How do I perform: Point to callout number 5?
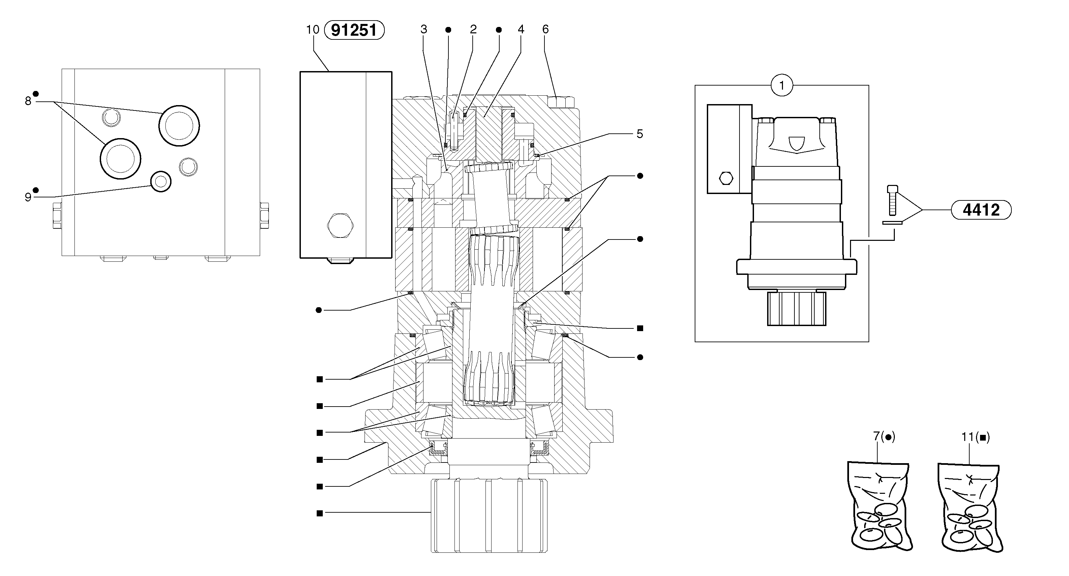click(x=639, y=134)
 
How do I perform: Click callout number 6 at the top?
click(x=545, y=29)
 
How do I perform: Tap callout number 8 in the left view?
click(x=28, y=101)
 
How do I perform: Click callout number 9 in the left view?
click(x=28, y=197)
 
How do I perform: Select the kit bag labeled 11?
click(x=970, y=509)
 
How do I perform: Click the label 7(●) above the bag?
click(x=884, y=437)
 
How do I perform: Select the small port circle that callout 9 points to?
click(x=161, y=181)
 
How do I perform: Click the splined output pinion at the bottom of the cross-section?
click(x=489, y=515)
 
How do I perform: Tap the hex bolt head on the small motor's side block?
click(x=726, y=178)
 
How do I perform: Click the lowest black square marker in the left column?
click(x=319, y=513)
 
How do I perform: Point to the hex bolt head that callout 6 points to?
click(x=560, y=102)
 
